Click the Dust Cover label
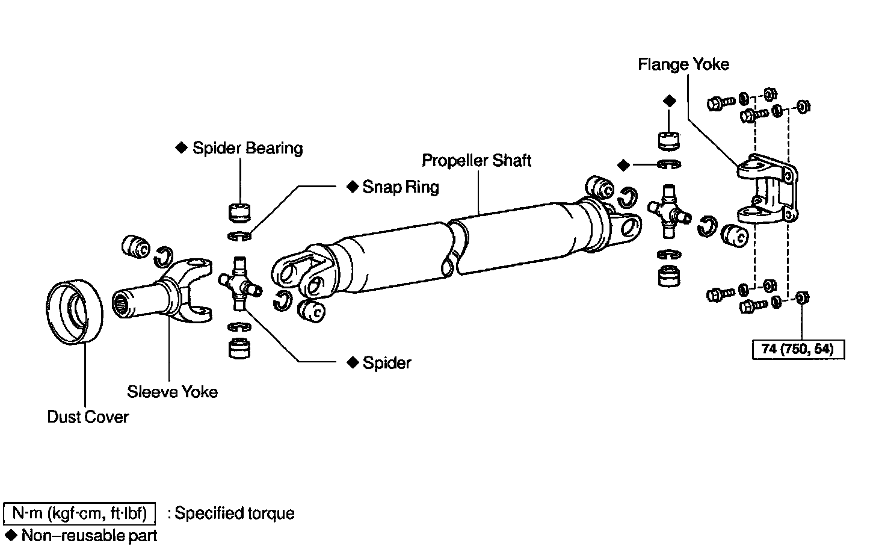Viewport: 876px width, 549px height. click(x=88, y=417)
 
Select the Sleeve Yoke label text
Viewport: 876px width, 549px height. click(x=172, y=392)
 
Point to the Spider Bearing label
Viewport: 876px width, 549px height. click(x=247, y=148)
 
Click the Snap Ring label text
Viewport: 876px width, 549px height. click(x=401, y=187)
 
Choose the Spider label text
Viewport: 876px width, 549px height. click(x=387, y=362)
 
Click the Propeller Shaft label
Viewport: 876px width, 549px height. click(x=477, y=161)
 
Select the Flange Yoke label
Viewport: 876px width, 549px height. click(x=683, y=64)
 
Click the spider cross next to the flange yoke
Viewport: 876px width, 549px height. click(x=668, y=211)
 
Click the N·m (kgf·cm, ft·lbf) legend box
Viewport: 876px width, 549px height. click(x=79, y=513)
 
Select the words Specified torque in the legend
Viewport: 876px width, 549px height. click(x=235, y=513)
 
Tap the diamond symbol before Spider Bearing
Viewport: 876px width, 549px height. click(x=180, y=148)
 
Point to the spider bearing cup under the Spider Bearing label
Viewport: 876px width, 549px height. click(x=240, y=213)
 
